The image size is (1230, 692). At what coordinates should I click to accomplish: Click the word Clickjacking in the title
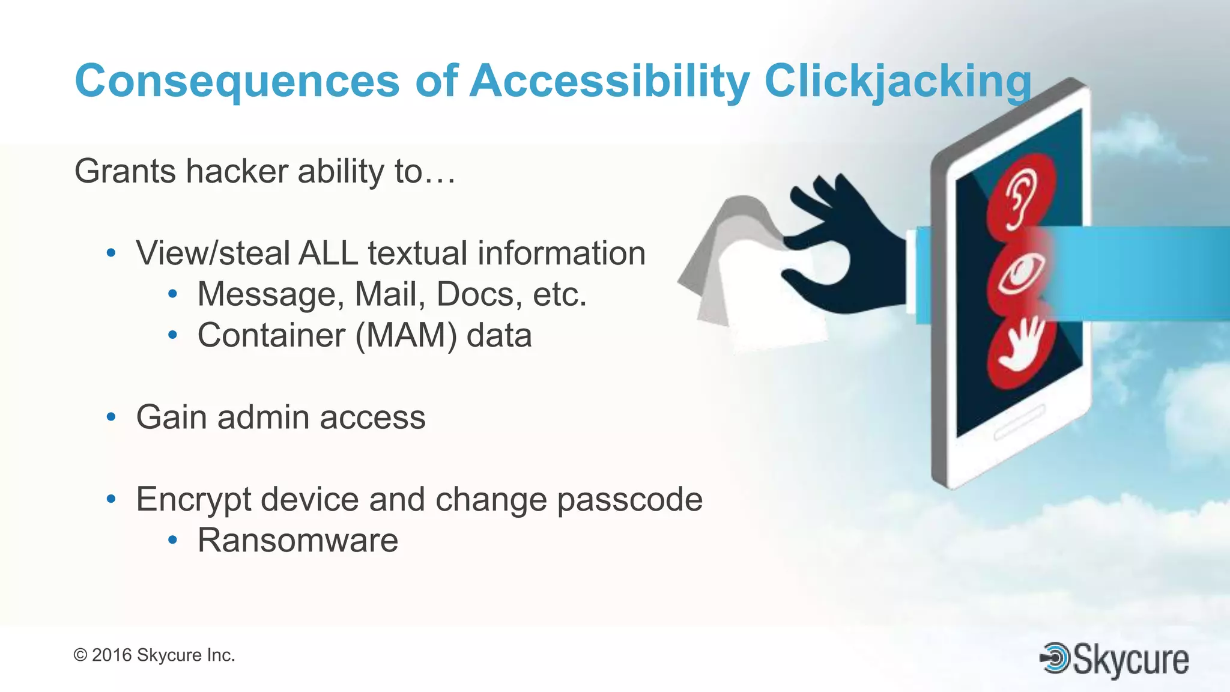point(897,81)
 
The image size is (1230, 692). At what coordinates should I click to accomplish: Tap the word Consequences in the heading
point(237,81)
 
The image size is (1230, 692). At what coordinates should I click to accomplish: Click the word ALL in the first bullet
point(328,253)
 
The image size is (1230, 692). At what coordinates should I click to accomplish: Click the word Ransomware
point(298,540)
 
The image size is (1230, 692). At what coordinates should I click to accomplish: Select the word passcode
point(629,499)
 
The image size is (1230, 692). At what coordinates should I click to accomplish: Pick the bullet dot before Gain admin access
point(111,417)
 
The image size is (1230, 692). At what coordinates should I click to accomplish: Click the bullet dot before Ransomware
point(172,540)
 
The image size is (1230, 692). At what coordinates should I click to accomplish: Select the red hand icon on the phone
point(1019,348)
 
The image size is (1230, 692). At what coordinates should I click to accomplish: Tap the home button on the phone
point(1019,422)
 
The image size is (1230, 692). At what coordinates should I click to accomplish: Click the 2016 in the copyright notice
point(112,655)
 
